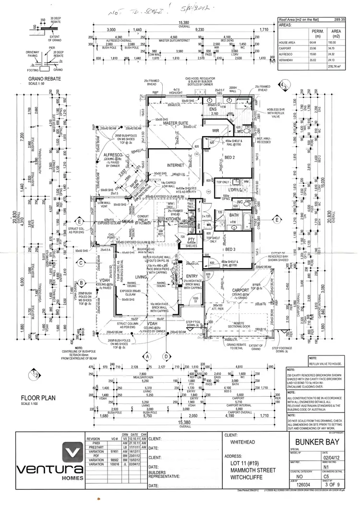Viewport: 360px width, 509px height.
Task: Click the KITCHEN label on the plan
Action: point(173,219)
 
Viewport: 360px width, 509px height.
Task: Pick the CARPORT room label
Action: point(240,290)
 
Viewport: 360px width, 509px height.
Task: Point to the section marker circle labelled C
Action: point(82,262)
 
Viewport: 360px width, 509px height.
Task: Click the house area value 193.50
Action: point(330,43)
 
